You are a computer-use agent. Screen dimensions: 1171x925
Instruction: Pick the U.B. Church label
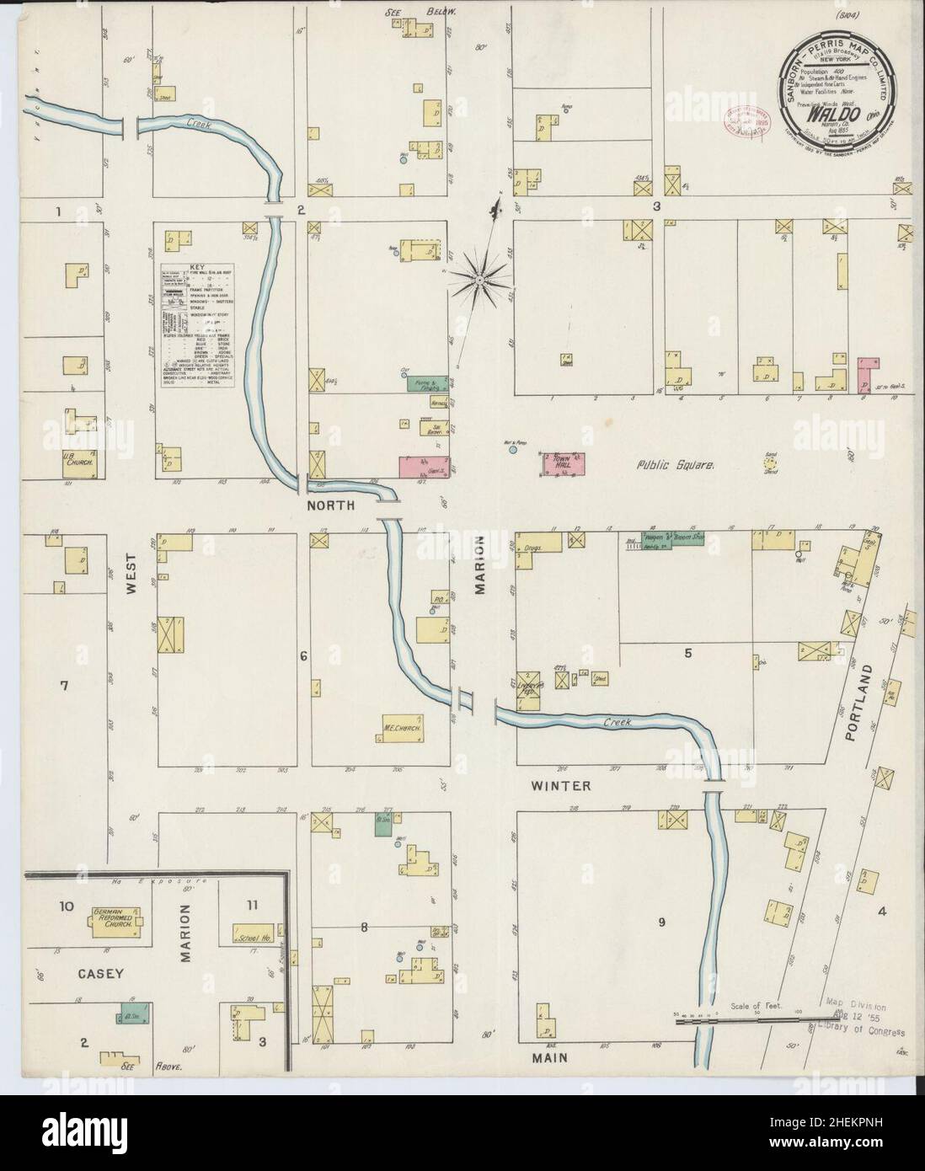83,462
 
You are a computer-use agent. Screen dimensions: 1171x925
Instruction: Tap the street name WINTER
559,786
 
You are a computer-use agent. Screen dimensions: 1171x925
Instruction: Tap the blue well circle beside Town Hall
512,450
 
